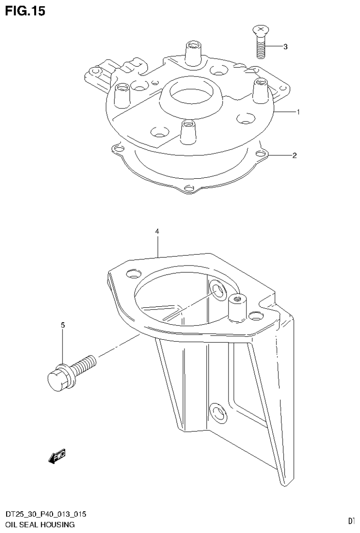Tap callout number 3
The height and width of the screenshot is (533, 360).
[285, 47]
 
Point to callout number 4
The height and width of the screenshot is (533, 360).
[157, 232]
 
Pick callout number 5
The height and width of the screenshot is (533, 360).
[62, 325]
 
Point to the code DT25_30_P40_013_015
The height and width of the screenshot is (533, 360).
[46, 515]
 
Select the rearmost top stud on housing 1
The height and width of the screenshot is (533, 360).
[192, 53]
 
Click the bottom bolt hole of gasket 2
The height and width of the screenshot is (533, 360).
[189, 189]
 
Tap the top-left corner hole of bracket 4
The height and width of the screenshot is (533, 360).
[134, 273]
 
